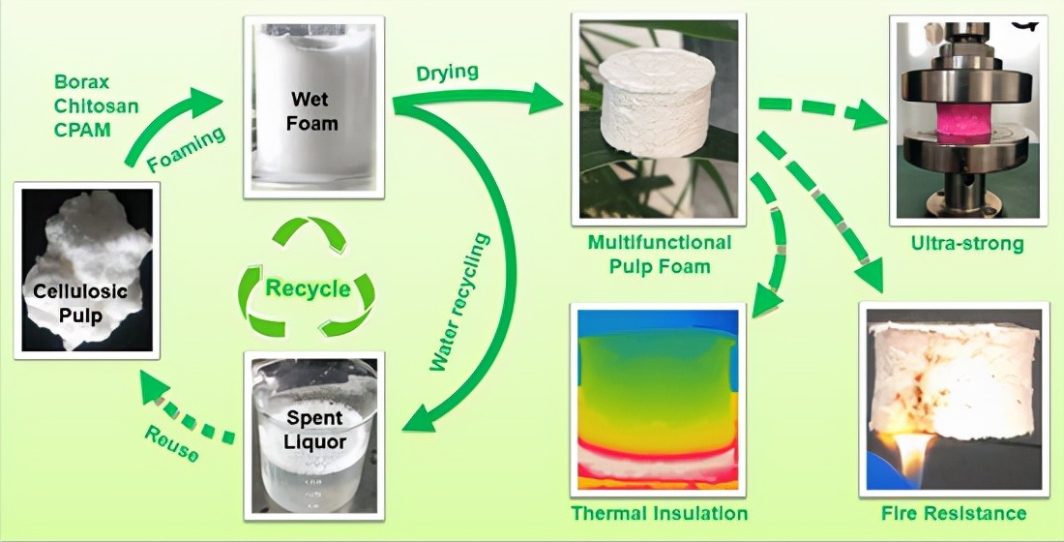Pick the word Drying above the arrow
click(x=447, y=73)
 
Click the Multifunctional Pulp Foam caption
click(x=660, y=254)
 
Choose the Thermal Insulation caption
click(x=660, y=512)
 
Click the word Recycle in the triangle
click(x=307, y=289)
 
